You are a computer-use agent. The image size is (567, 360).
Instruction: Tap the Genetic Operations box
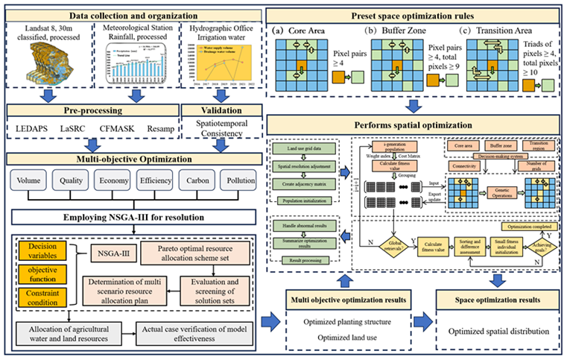[491, 192]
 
